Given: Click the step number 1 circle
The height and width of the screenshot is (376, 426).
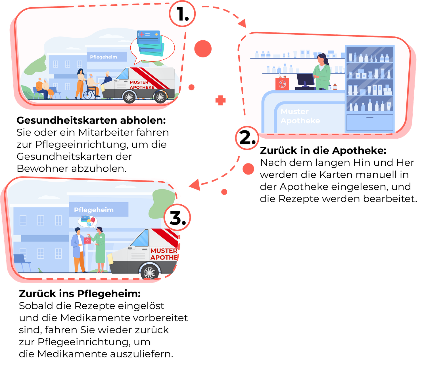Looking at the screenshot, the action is point(182,14).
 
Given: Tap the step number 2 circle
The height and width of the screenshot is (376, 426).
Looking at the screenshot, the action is point(247,138).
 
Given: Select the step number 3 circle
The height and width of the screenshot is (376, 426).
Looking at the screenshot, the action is point(177,218).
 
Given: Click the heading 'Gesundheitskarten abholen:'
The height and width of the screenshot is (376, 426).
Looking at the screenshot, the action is point(91,121).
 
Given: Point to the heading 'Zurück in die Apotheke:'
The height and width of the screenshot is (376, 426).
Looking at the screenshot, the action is point(323,151).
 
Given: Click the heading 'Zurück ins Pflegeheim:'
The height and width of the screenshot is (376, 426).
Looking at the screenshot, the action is point(80,294).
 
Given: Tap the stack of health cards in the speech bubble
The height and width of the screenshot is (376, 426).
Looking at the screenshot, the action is point(150,43).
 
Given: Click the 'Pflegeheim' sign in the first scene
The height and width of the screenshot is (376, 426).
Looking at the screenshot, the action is point(107,57).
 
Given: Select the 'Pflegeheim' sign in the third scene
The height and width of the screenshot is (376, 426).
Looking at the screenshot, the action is point(99,209).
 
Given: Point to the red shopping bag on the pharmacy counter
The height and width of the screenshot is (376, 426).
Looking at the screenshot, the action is point(282,83).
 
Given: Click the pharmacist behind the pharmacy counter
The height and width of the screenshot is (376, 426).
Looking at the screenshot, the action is point(321,72).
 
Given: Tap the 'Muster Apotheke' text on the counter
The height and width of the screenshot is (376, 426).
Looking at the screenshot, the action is point(300,116).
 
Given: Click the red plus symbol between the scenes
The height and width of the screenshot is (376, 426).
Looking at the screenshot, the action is point(220,100).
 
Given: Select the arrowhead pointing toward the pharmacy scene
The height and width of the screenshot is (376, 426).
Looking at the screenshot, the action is point(242,23).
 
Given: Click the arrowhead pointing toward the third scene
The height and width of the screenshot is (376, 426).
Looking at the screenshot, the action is point(195,184).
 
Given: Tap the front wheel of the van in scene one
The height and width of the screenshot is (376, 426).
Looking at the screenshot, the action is point(129,97).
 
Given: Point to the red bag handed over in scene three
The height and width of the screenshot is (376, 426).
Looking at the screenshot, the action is point(87,240).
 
